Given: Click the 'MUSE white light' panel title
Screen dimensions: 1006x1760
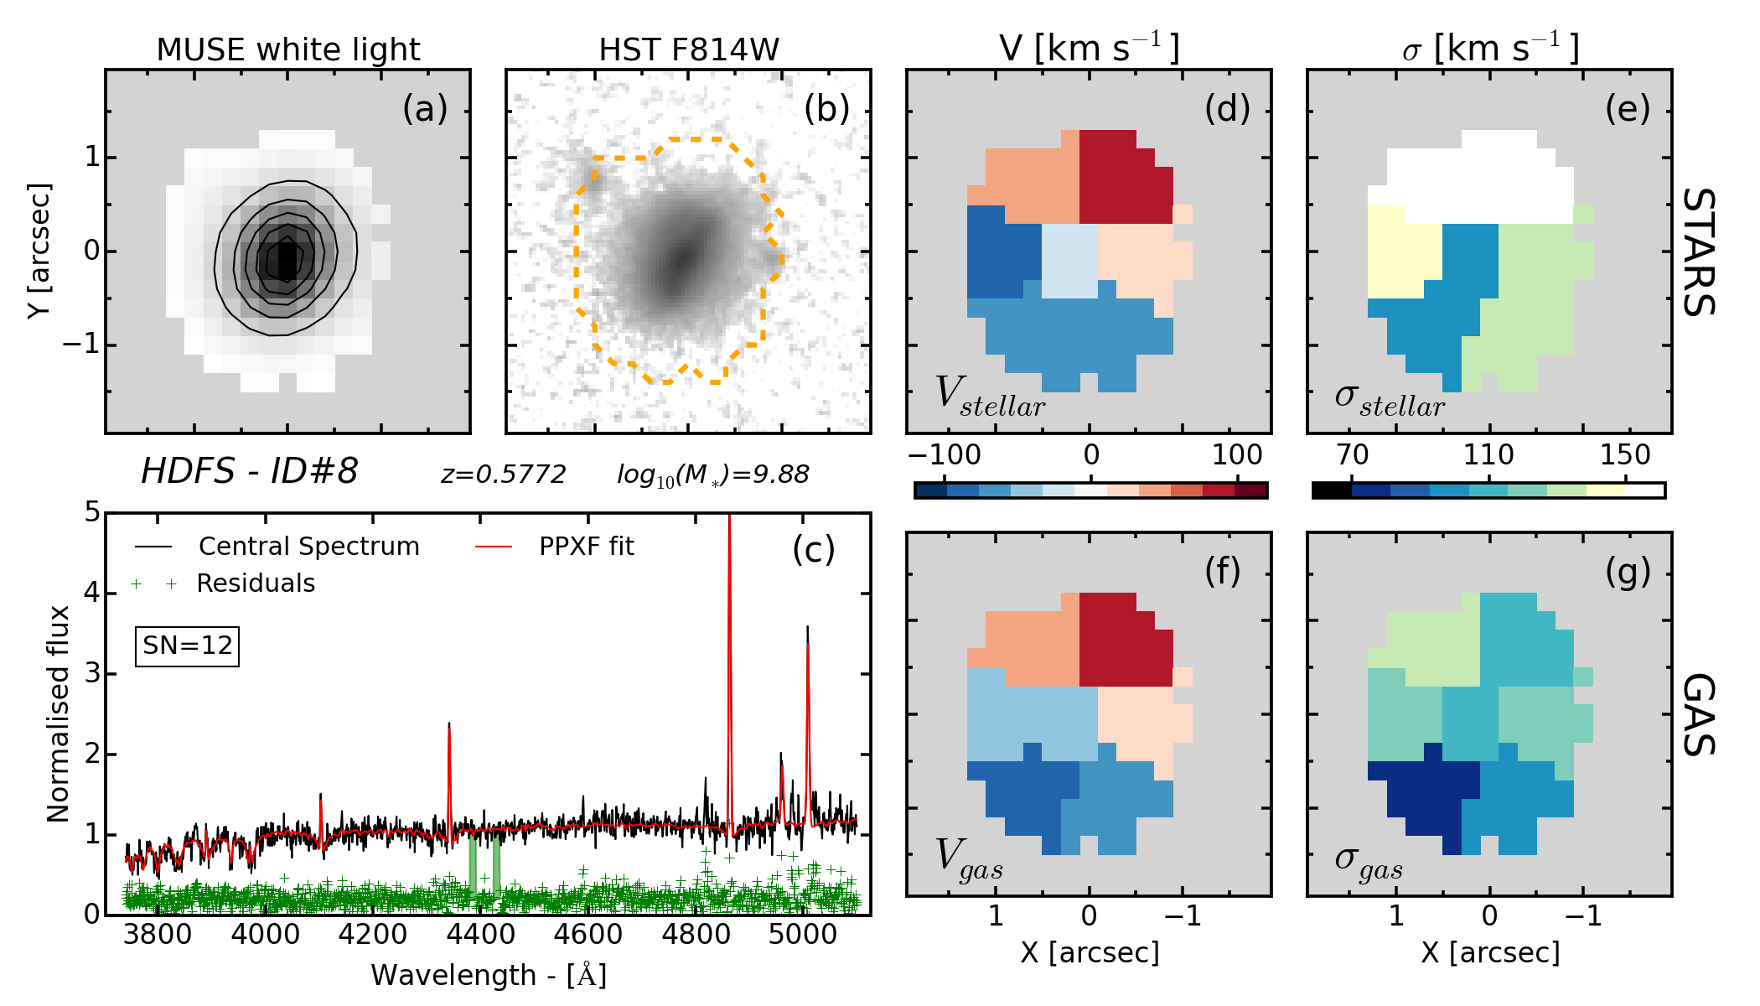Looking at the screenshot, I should pos(287,50).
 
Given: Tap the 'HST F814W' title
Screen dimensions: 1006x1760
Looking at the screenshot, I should pos(689,50).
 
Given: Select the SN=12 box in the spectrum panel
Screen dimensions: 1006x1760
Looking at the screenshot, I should pos(187,646).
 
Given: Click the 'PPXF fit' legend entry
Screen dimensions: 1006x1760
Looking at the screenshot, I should pos(586,547).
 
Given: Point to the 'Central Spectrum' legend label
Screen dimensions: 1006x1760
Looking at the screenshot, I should pos(308,547).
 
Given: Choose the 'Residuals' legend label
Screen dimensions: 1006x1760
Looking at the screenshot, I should pos(256,583).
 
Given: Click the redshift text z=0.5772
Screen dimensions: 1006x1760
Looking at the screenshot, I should pos(504,474).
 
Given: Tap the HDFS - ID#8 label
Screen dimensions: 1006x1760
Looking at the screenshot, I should pos(249,471).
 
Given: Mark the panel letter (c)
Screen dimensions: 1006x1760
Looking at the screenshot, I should pos(813,550).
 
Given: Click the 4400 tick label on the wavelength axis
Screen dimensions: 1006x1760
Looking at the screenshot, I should pos(479,934).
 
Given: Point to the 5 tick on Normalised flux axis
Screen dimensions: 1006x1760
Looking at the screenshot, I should pos(91,512).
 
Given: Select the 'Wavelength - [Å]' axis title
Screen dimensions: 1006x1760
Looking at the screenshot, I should pos(489,975).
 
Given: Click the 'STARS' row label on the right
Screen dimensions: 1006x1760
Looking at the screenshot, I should pos(1700,251).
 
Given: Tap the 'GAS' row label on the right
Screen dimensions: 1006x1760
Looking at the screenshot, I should pos(1700,714).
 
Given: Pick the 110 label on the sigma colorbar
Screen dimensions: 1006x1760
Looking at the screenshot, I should pos(1488,455).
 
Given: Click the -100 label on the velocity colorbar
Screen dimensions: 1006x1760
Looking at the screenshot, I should pos(944,455).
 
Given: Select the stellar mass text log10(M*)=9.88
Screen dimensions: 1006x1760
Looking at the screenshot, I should pos(713,474).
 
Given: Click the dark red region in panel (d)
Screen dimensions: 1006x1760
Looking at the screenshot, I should pos(1123,180).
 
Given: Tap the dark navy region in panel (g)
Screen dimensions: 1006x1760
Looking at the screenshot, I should pos(1425,792).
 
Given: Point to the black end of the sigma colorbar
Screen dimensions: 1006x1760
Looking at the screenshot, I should pos(1332,490).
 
